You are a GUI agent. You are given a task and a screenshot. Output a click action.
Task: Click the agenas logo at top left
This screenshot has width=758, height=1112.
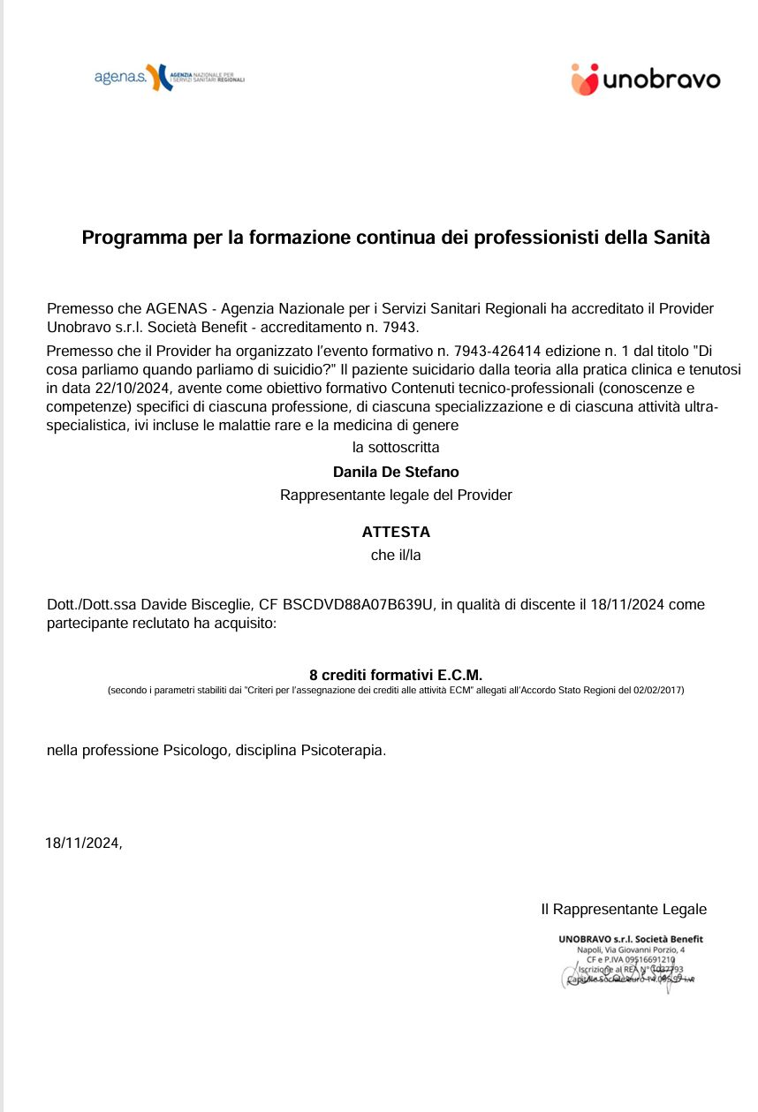[168, 78]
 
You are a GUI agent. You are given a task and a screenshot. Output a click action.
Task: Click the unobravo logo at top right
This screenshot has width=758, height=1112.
[645, 79]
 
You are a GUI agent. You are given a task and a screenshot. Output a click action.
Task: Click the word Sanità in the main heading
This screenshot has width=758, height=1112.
[681, 238]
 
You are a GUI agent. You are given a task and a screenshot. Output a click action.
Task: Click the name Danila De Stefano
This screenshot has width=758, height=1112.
[396, 473]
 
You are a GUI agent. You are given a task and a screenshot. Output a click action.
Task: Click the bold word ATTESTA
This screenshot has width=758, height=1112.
[396, 533]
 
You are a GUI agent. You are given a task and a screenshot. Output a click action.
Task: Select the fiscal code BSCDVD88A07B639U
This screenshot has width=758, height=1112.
[359, 605]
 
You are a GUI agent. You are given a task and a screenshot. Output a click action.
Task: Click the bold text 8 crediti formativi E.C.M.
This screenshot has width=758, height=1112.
[396, 676]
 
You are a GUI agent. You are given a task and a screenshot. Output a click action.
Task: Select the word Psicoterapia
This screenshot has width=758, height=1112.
[343, 752]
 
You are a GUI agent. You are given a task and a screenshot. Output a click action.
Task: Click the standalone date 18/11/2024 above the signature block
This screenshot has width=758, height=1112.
[82, 843]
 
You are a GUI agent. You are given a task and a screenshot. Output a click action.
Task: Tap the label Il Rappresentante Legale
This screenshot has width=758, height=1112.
[624, 909]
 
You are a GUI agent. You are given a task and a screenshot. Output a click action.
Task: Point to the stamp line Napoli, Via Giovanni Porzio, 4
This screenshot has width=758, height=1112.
[630, 949]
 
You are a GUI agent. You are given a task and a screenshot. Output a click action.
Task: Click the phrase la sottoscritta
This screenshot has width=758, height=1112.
[396, 448]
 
